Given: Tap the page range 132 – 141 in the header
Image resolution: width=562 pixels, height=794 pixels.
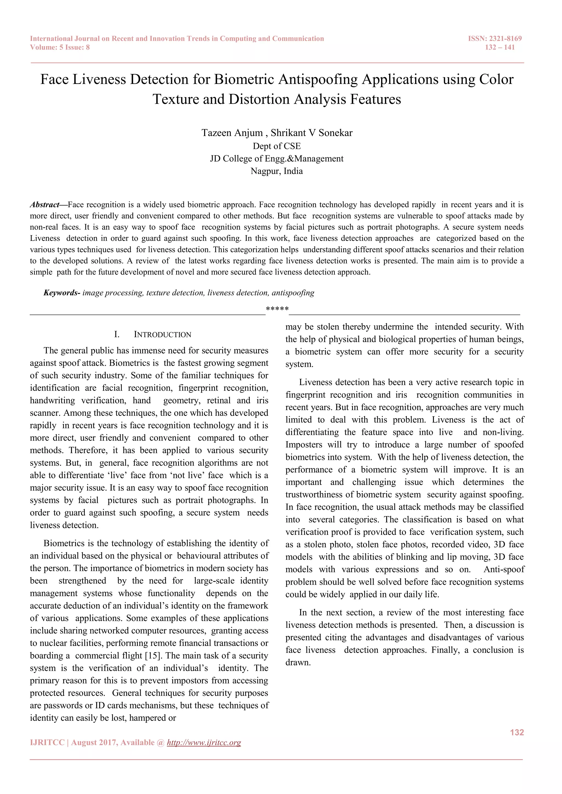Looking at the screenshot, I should click(x=500, y=47).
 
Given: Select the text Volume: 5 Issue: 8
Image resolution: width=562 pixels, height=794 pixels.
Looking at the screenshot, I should click(x=60, y=47).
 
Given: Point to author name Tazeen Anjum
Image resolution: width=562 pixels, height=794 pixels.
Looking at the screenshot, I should click(x=232, y=133).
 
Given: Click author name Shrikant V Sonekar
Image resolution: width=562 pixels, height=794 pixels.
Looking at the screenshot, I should click(x=311, y=133).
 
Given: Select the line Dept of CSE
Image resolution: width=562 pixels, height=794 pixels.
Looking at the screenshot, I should click(x=277, y=146).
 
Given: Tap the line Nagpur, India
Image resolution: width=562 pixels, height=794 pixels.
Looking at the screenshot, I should click(x=277, y=171).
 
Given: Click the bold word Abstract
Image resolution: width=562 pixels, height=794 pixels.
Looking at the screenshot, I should click(x=45, y=205).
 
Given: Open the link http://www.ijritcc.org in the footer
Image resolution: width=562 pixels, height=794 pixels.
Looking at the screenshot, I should click(x=204, y=742).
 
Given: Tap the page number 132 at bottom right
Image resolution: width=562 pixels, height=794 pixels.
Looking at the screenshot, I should click(x=517, y=733).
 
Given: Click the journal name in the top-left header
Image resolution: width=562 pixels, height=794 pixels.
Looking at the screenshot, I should click(x=177, y=39).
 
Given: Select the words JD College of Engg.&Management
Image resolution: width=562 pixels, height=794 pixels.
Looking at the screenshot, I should click(x=277, y=159).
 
